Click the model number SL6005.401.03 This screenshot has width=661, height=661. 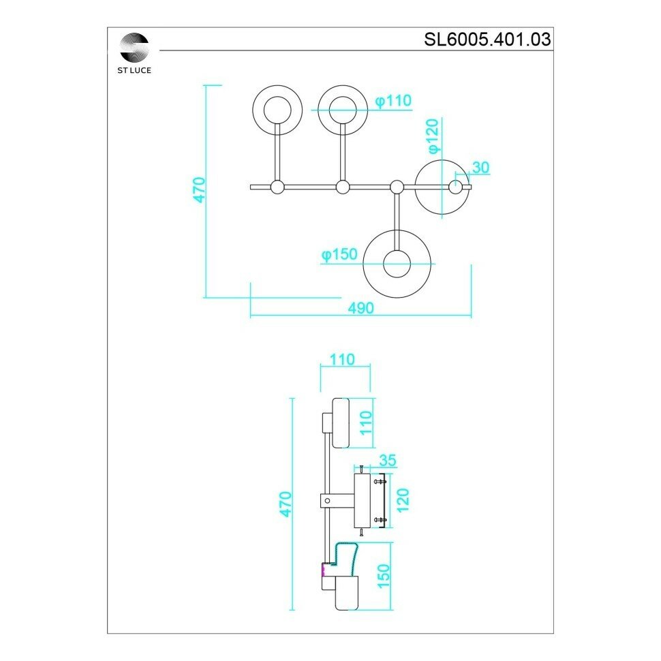coord(487,39)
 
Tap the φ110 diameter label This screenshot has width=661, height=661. coord(393,101)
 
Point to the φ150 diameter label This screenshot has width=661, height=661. coord(339,254)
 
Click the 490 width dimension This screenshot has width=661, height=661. coord(360,308)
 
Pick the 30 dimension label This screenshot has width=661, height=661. coord(480,168)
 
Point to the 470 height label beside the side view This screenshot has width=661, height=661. coord(286,503)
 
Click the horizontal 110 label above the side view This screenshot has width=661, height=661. coord(342,358)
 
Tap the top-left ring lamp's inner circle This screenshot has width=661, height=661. coord(277,109)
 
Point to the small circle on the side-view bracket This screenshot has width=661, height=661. coord(328,502)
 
